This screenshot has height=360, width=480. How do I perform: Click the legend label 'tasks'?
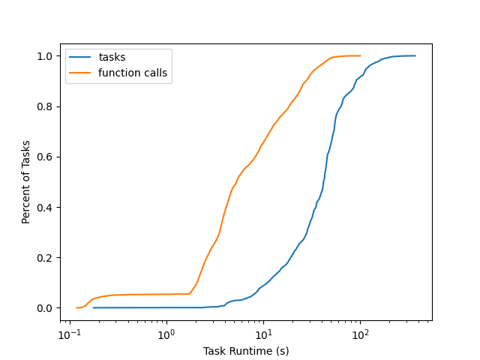[112, 58]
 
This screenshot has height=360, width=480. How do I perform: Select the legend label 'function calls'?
[133, 73]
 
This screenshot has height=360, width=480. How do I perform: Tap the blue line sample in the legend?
[82, 58]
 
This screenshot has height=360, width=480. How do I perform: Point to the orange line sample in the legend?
[82, 73]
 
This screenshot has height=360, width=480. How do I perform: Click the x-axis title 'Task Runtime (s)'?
[246, 351]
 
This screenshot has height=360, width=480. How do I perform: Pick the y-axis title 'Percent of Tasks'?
[26, 181]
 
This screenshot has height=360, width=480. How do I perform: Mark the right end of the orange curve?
[360, 55]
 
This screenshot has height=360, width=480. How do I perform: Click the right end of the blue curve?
[415, 55]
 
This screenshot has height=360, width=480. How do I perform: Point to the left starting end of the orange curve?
[77, 307]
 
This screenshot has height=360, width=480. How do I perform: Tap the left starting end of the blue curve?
[94, 307]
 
